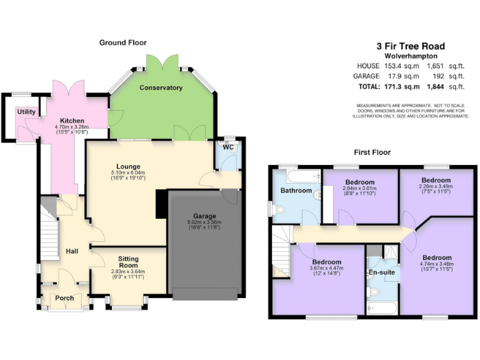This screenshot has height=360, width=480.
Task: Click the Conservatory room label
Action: tap(161, 88)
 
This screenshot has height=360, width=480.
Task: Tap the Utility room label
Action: tap(26, 112)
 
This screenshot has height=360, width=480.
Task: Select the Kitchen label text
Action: tap(72, 120)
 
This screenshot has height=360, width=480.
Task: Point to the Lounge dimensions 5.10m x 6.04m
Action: tap(127, 172)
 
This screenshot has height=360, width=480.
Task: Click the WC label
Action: tap(229, 146)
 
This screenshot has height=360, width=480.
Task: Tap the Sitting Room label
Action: tap(128, 262)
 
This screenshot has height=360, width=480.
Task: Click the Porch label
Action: tap(64, 298)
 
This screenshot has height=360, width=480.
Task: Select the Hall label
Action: tap(72, 251)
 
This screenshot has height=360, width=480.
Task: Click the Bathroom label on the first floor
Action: tap(296, 190)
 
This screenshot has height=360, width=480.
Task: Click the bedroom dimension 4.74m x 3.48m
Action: tap(436, 265)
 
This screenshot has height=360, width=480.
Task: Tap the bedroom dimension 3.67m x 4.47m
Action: tap(327, 269)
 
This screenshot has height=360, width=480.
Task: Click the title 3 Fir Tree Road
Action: tap(410, 46)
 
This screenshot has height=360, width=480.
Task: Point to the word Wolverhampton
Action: tap(410, 56)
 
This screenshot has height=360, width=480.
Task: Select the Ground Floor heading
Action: tap(122, 42)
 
